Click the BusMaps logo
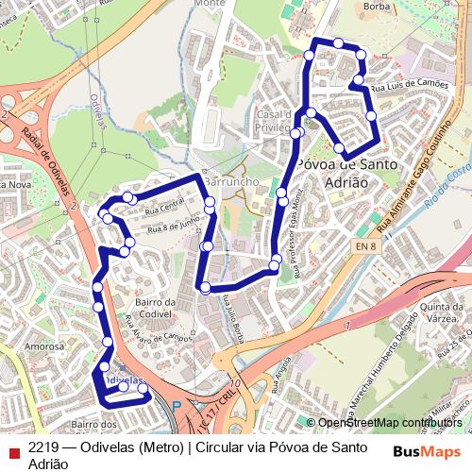click(427, 450)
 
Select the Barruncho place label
click(231, 179)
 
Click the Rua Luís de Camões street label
click(409, 85)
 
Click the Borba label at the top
click(378, 6)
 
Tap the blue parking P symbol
click(176, 407)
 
